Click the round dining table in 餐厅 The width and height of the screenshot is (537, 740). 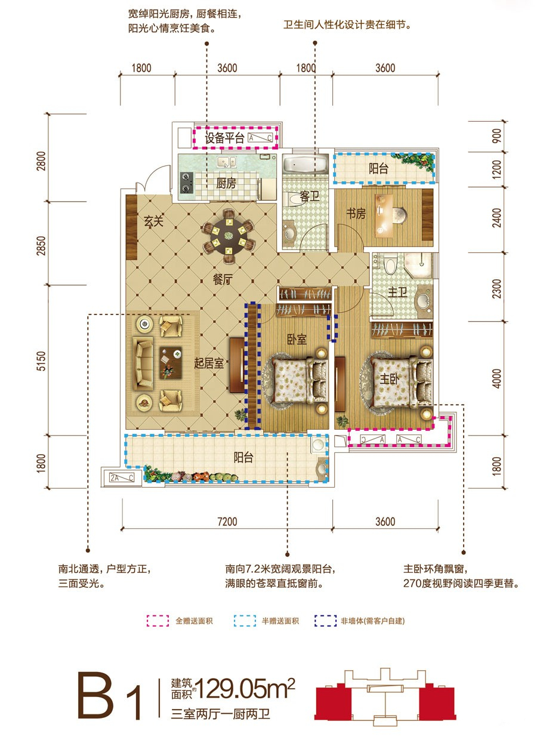pos(229,236)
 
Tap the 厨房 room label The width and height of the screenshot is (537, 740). pos(226,183)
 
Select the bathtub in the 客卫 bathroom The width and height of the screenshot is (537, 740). pos(305,165)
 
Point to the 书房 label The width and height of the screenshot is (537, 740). pos(356,214)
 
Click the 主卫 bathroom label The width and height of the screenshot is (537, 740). pos(397,292)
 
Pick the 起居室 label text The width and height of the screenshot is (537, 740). pos(209,363)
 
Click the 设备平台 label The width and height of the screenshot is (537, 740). pos(224,138)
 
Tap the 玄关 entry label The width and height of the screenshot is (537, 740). pos(153,221)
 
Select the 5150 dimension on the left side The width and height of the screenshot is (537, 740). pos(41,360)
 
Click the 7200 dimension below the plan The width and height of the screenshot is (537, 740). pos(227,522)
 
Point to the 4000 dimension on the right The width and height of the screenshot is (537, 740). pos(496,378)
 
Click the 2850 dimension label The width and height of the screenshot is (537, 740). pos(41,246)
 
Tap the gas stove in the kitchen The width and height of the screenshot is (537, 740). pos(187,183)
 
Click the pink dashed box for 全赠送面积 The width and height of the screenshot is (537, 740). pos(158,621)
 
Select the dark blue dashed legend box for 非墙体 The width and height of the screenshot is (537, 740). pos(325,621)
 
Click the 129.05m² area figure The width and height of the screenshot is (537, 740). pos(245,689)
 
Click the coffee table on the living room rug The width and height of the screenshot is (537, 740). pos(171,363)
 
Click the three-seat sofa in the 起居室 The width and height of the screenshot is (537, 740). pos(143,362)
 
